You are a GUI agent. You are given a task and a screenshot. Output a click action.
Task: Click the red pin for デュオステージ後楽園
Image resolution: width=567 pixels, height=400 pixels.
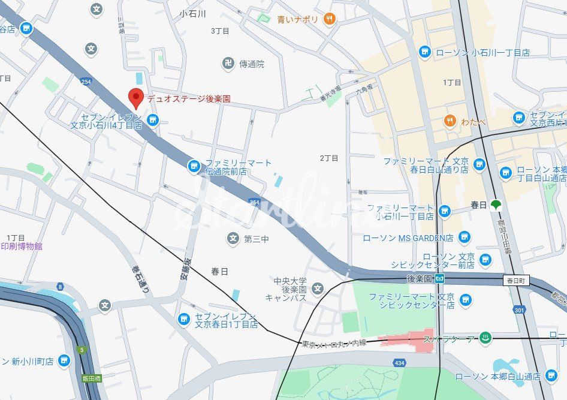tap(137, 97)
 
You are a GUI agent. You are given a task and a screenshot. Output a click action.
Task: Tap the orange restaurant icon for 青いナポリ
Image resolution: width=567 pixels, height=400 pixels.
tap(329, 19)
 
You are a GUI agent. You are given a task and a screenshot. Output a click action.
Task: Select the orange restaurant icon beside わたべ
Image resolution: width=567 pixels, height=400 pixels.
tap(450, 122)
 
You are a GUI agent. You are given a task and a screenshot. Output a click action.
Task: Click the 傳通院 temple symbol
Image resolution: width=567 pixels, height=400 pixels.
tap(228, 64)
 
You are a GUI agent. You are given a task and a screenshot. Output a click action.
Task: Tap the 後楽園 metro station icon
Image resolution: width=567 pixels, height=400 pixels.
tap(440, 279)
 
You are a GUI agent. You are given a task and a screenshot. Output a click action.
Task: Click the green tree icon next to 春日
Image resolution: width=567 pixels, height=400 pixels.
tap(496, 205)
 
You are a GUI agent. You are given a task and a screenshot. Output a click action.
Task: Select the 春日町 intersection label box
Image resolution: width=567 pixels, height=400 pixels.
tap(516, 280)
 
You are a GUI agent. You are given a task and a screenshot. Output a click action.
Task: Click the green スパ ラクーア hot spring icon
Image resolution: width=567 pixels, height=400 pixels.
tap(486, 339)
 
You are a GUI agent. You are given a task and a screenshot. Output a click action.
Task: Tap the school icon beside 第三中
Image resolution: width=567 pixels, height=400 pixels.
tap(233, 239)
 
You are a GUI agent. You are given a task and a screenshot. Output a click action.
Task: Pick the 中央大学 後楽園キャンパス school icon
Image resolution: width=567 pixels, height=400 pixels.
tap(318, 290)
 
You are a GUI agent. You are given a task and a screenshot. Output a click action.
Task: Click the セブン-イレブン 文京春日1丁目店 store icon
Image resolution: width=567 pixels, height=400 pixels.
tap(184, 319)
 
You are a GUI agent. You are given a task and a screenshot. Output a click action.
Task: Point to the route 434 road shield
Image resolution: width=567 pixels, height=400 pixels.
tap(399, 363)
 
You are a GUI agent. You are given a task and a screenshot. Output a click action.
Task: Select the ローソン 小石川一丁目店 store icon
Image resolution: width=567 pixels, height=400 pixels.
tap(424, 52)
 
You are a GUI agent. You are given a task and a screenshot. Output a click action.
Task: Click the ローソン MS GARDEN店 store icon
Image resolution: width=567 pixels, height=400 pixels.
tap(464, 238)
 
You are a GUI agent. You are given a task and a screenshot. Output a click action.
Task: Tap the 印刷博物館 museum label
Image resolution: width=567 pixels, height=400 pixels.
tap(22, 246)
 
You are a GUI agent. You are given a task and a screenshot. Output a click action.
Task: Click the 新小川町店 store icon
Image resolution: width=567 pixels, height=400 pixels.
tap(64, 361)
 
